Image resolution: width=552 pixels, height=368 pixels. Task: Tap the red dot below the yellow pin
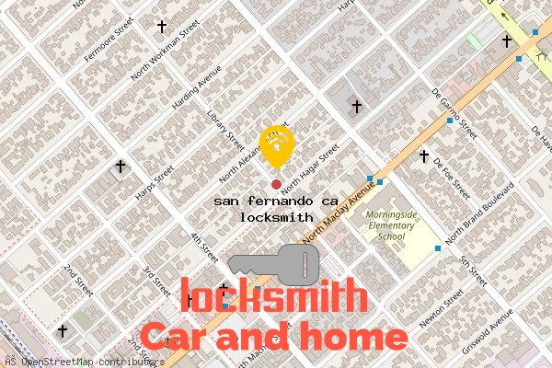coord(276,171)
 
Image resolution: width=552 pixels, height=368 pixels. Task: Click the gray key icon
coord(275,263)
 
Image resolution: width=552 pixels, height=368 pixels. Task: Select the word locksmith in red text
coord(272,296)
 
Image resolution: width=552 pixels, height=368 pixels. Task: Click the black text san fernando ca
coord(268,201)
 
